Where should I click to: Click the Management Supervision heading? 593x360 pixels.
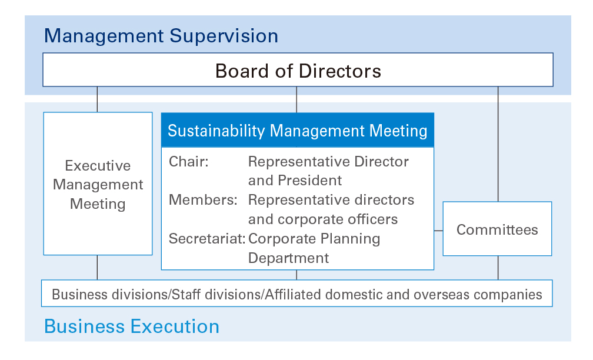tap(161, 36)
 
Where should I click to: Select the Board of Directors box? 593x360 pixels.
tap(298, 70)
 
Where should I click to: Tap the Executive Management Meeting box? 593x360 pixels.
tap(98, 184)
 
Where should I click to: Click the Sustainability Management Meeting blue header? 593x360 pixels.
tap(298, 130)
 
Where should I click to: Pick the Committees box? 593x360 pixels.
tap(497, 229)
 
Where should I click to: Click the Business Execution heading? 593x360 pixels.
tap(132, 326)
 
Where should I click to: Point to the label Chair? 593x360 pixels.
tap(188, 162)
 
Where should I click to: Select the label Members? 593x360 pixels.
tap(203, 200)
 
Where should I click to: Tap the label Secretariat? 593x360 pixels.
tap(207, 239)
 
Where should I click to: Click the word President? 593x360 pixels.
tap(309, 181)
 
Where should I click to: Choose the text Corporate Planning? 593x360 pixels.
tap(314, 239)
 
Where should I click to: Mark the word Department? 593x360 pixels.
tap(288, 258)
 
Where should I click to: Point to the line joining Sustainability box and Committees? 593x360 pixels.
tap(438, 231)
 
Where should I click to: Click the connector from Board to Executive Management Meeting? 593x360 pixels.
tap(97, 99)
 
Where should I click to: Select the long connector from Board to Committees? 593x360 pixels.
tap(498, 144)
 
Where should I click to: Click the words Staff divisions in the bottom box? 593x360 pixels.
tap(216, 295)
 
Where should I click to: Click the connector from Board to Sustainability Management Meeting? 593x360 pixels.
tap(296, 100)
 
